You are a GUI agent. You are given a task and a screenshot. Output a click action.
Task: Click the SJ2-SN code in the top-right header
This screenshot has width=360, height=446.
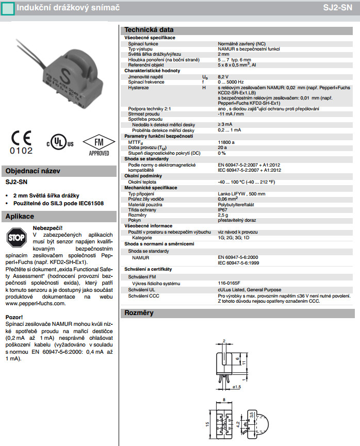[x=340, y=8]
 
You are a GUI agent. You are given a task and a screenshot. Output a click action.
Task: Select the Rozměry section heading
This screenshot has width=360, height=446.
[x=139, y=312]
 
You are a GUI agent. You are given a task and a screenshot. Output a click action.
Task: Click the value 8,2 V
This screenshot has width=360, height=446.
[x=224, y=76]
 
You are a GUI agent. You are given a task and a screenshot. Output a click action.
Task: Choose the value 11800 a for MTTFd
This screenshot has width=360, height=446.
[x=226, y=142]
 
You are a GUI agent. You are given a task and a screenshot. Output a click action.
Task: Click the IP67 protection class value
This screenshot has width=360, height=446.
[x=222, y=210]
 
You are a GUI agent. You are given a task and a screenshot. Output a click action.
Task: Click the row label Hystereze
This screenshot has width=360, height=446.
[x=139, y=88]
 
